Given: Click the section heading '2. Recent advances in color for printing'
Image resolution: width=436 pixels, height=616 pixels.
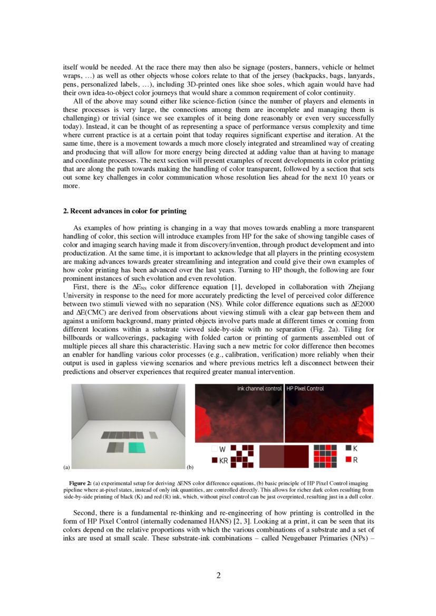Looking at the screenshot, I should [124, 211].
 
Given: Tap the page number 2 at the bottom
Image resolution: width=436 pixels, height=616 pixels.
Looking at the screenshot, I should [218, 575].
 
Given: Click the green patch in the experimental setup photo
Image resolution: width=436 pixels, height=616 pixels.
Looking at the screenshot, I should [137, 447].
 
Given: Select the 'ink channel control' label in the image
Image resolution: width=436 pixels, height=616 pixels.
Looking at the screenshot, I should [259, 388].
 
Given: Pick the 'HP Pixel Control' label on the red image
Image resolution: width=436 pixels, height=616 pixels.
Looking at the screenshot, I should [305, 388].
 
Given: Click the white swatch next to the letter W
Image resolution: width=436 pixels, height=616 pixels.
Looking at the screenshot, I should [214, 449].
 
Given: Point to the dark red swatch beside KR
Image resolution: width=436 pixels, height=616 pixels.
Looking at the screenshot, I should [214, 460].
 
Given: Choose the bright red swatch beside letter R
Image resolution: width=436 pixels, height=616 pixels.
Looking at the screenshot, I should [348, 459].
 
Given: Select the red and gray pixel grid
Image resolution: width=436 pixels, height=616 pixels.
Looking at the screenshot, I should [325, 456].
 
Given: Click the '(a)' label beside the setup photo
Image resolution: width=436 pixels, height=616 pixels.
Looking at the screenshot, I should [66, 467].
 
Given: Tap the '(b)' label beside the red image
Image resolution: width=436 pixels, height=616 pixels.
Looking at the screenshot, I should [190, 467].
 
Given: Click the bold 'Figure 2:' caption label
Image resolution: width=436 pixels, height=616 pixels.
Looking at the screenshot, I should [81, 483].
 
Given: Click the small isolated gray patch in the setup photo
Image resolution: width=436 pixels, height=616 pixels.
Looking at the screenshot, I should [153, 435].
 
